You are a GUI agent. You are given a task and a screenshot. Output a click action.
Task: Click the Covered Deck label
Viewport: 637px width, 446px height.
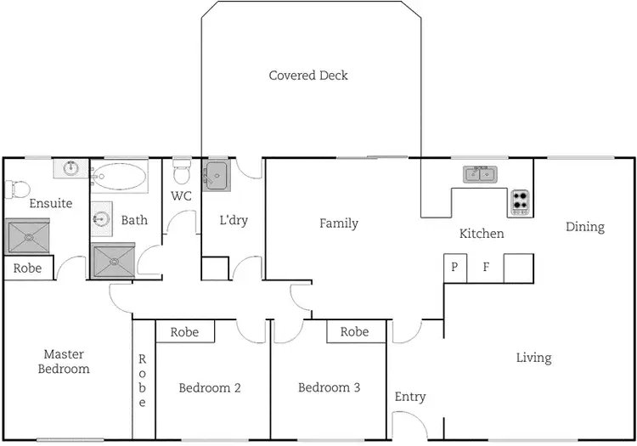(x=308, y=76)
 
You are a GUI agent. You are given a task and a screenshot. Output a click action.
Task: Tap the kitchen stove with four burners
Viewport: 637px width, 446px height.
(x=520, y=202)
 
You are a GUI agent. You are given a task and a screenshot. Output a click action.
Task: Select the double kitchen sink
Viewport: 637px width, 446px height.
(x=481, y=175)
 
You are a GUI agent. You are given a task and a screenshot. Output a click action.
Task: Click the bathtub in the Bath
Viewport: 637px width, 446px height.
(x=119, y=177)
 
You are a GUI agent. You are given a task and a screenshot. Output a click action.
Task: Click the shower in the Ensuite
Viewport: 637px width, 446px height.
(x=28, y=235)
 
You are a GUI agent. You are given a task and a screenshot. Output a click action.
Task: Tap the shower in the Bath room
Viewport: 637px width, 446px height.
(x=114, y=260)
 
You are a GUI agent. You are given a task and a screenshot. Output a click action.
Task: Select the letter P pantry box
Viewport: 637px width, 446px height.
(x=454, y=267)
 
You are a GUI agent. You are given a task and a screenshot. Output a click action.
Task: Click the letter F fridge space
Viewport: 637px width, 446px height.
(x=486, y=267)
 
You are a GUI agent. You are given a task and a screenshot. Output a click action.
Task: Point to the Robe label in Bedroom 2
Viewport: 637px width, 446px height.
(x=184, y=332)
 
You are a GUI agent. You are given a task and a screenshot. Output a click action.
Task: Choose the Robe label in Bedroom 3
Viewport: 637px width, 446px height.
(x=354, y=332)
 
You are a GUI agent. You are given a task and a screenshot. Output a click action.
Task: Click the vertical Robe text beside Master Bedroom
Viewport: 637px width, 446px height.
(x=143, y=381)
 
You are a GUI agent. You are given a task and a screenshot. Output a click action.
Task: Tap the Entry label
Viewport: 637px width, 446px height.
(x=410, y=397)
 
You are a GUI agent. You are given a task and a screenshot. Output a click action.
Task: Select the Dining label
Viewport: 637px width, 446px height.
(x=585, y=227)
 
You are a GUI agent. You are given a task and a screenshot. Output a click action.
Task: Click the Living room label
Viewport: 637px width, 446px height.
(x=533, y=358)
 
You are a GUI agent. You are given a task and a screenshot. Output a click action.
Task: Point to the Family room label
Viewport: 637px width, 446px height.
(x=338, y=223)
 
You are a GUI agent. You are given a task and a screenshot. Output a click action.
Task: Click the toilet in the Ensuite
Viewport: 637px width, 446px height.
(x=17, y=188)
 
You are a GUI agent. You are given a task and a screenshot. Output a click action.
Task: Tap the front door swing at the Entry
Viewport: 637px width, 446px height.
(x=406, y=422)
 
